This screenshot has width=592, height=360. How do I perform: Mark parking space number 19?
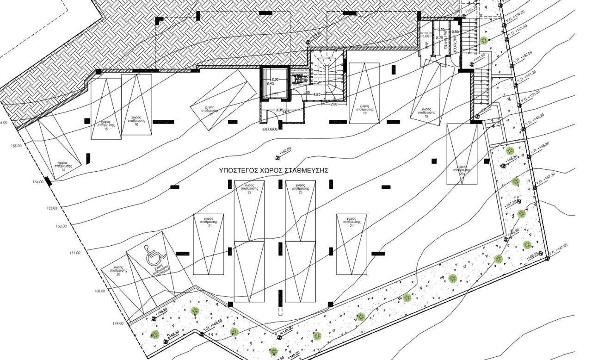426,113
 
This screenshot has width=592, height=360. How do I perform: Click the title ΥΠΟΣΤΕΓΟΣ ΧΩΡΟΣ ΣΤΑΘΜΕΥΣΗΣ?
274,170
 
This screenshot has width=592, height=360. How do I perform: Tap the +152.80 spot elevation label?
284,151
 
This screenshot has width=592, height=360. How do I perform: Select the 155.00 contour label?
16,146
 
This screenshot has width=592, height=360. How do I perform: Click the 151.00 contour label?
74,253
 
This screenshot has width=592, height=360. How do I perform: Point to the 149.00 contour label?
117,323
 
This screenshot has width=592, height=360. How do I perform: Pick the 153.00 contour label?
51,208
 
